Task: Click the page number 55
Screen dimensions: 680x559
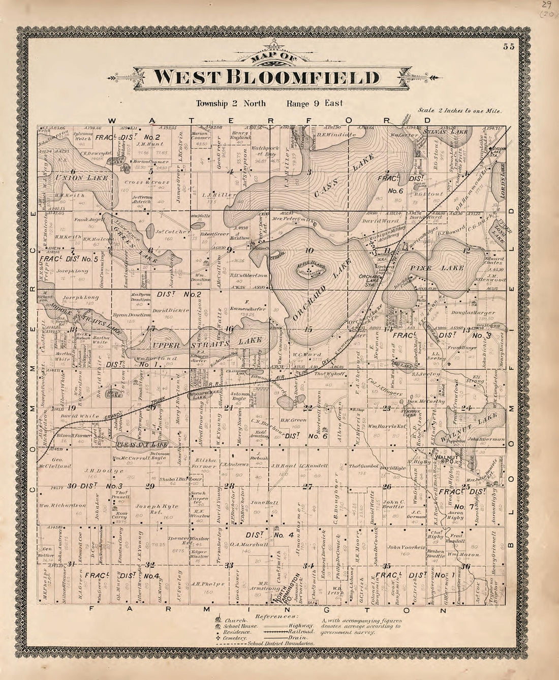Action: tap(509, 47)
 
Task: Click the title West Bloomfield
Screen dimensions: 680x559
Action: tap(266, 77)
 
